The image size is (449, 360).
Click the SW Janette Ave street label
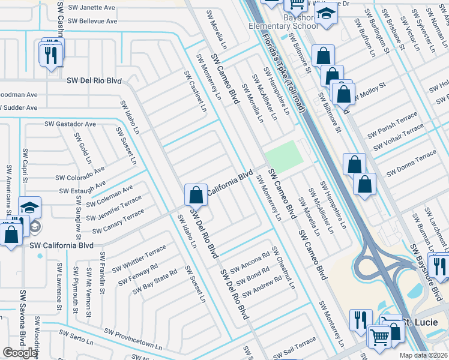pyautogui.click(x=91, y=8)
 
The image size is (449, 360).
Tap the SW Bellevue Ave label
pyautogui.click(x=91, y=21)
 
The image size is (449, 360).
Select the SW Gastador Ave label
pyautogui.click(x=70, y=124)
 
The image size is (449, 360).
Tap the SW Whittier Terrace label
pyautogui.click(x=139, y=257)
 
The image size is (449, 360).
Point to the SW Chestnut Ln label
pyautogui.click(x=283, y=268)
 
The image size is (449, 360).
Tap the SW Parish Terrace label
pyautogui.click(x=392, y=124)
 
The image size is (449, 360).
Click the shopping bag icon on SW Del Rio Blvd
pyautogui.click(x=196, y=194)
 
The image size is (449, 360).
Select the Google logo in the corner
pyautogui.click(x=20, y=353)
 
